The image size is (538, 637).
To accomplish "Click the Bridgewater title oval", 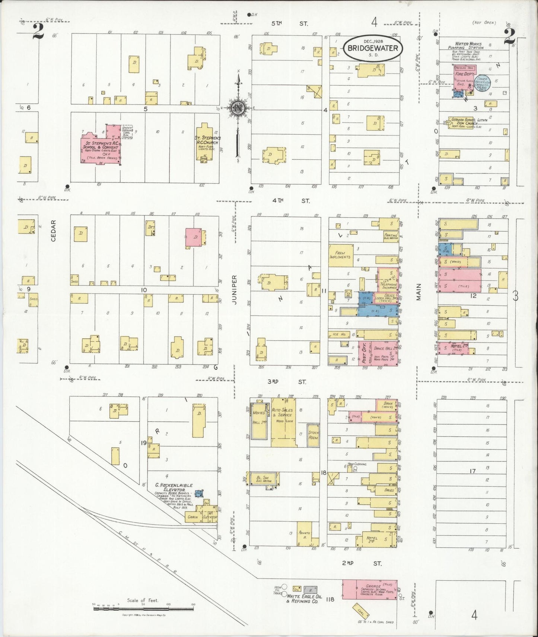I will [373, 48].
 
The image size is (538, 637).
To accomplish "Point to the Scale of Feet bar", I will [143, 609].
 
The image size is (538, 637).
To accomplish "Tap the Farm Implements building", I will [340, 256].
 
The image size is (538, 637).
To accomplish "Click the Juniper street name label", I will [235, 290].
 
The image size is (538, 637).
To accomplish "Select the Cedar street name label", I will [53, 230].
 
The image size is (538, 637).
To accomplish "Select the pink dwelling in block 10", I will [194, 237].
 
